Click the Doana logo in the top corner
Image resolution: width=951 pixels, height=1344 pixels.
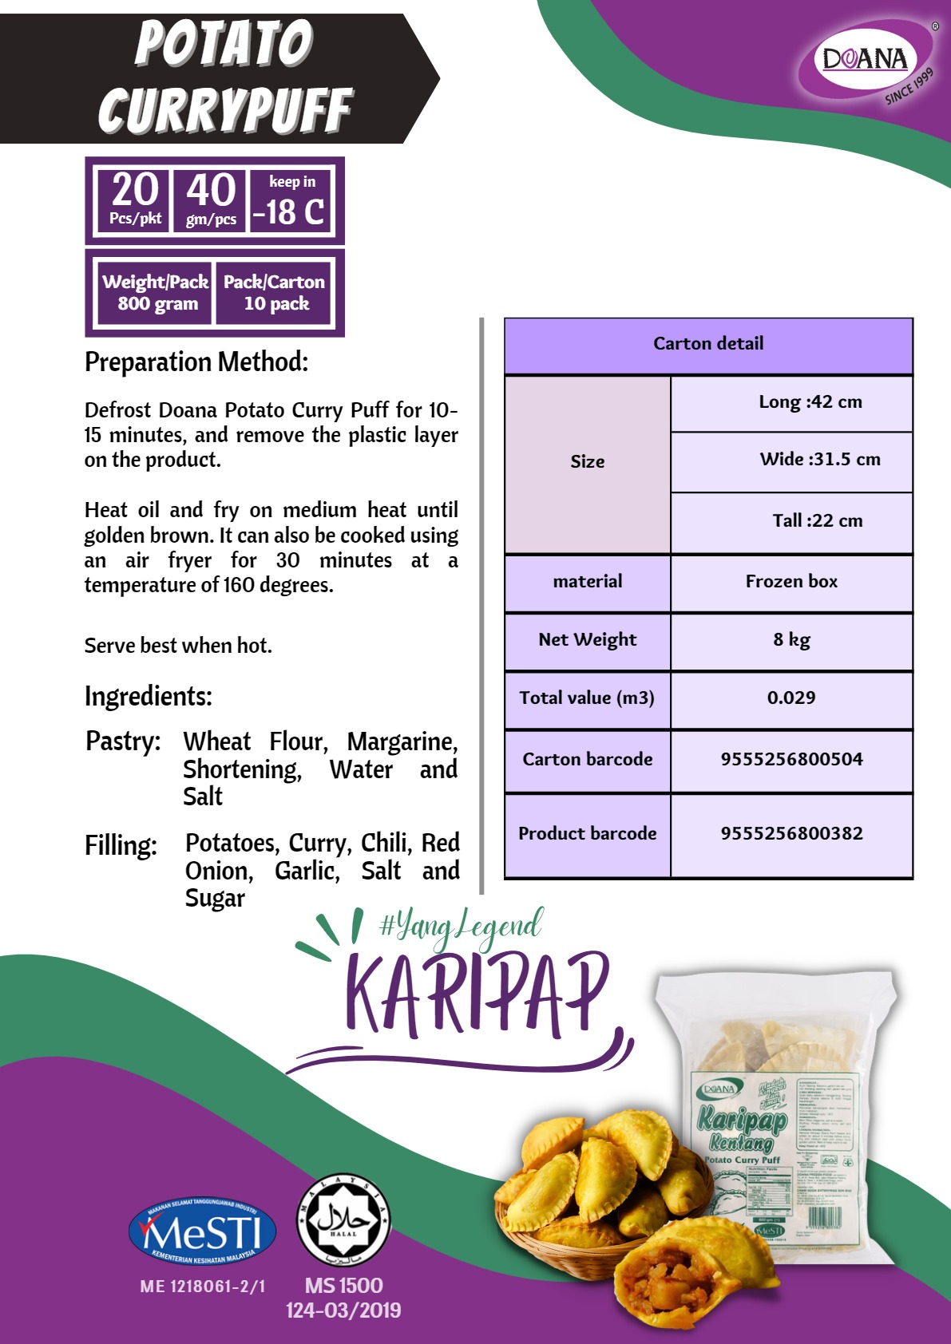coord(866,60)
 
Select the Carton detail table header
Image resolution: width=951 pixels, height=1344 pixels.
coord(708,345)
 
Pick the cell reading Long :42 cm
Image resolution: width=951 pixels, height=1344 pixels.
coord(810,402)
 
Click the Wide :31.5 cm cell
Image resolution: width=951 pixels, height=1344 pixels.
coord(819,460)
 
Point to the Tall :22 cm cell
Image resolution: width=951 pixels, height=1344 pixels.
coord(817,521)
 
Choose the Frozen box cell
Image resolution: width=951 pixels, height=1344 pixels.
coord(791,582)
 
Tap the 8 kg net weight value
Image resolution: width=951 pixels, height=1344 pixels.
coord(791,640)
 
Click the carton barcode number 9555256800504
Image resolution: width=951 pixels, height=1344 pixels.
coord(791,759)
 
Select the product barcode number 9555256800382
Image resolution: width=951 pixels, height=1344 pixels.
coord(791,834)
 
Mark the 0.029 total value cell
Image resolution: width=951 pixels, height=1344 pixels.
coord(791,698)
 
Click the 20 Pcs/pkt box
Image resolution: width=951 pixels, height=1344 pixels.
coord(134,200)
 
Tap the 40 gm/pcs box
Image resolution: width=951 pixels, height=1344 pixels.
coord(211,200)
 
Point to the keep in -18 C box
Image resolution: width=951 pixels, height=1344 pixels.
coord(290,201)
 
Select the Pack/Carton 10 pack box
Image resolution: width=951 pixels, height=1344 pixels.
coord(274,293)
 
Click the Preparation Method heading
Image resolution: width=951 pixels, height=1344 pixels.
coord(196,362)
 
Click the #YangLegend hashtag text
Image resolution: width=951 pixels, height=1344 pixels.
coord(462,927)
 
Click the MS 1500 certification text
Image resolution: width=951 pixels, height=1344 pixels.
coord(343,1286)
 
